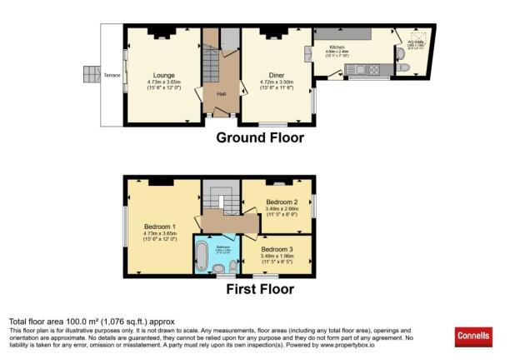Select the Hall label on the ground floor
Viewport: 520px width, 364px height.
(x=221, y=94)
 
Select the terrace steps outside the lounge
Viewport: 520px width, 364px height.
(x=90, y=75)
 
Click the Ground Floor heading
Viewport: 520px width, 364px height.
(x=260, y=138)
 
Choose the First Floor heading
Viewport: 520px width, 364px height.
(x=260, y=289)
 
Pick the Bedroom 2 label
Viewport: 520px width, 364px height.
(x=277, y=202)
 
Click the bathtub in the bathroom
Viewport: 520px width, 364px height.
(x=202, y=255)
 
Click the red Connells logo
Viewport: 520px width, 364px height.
(x=473, y=337)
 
